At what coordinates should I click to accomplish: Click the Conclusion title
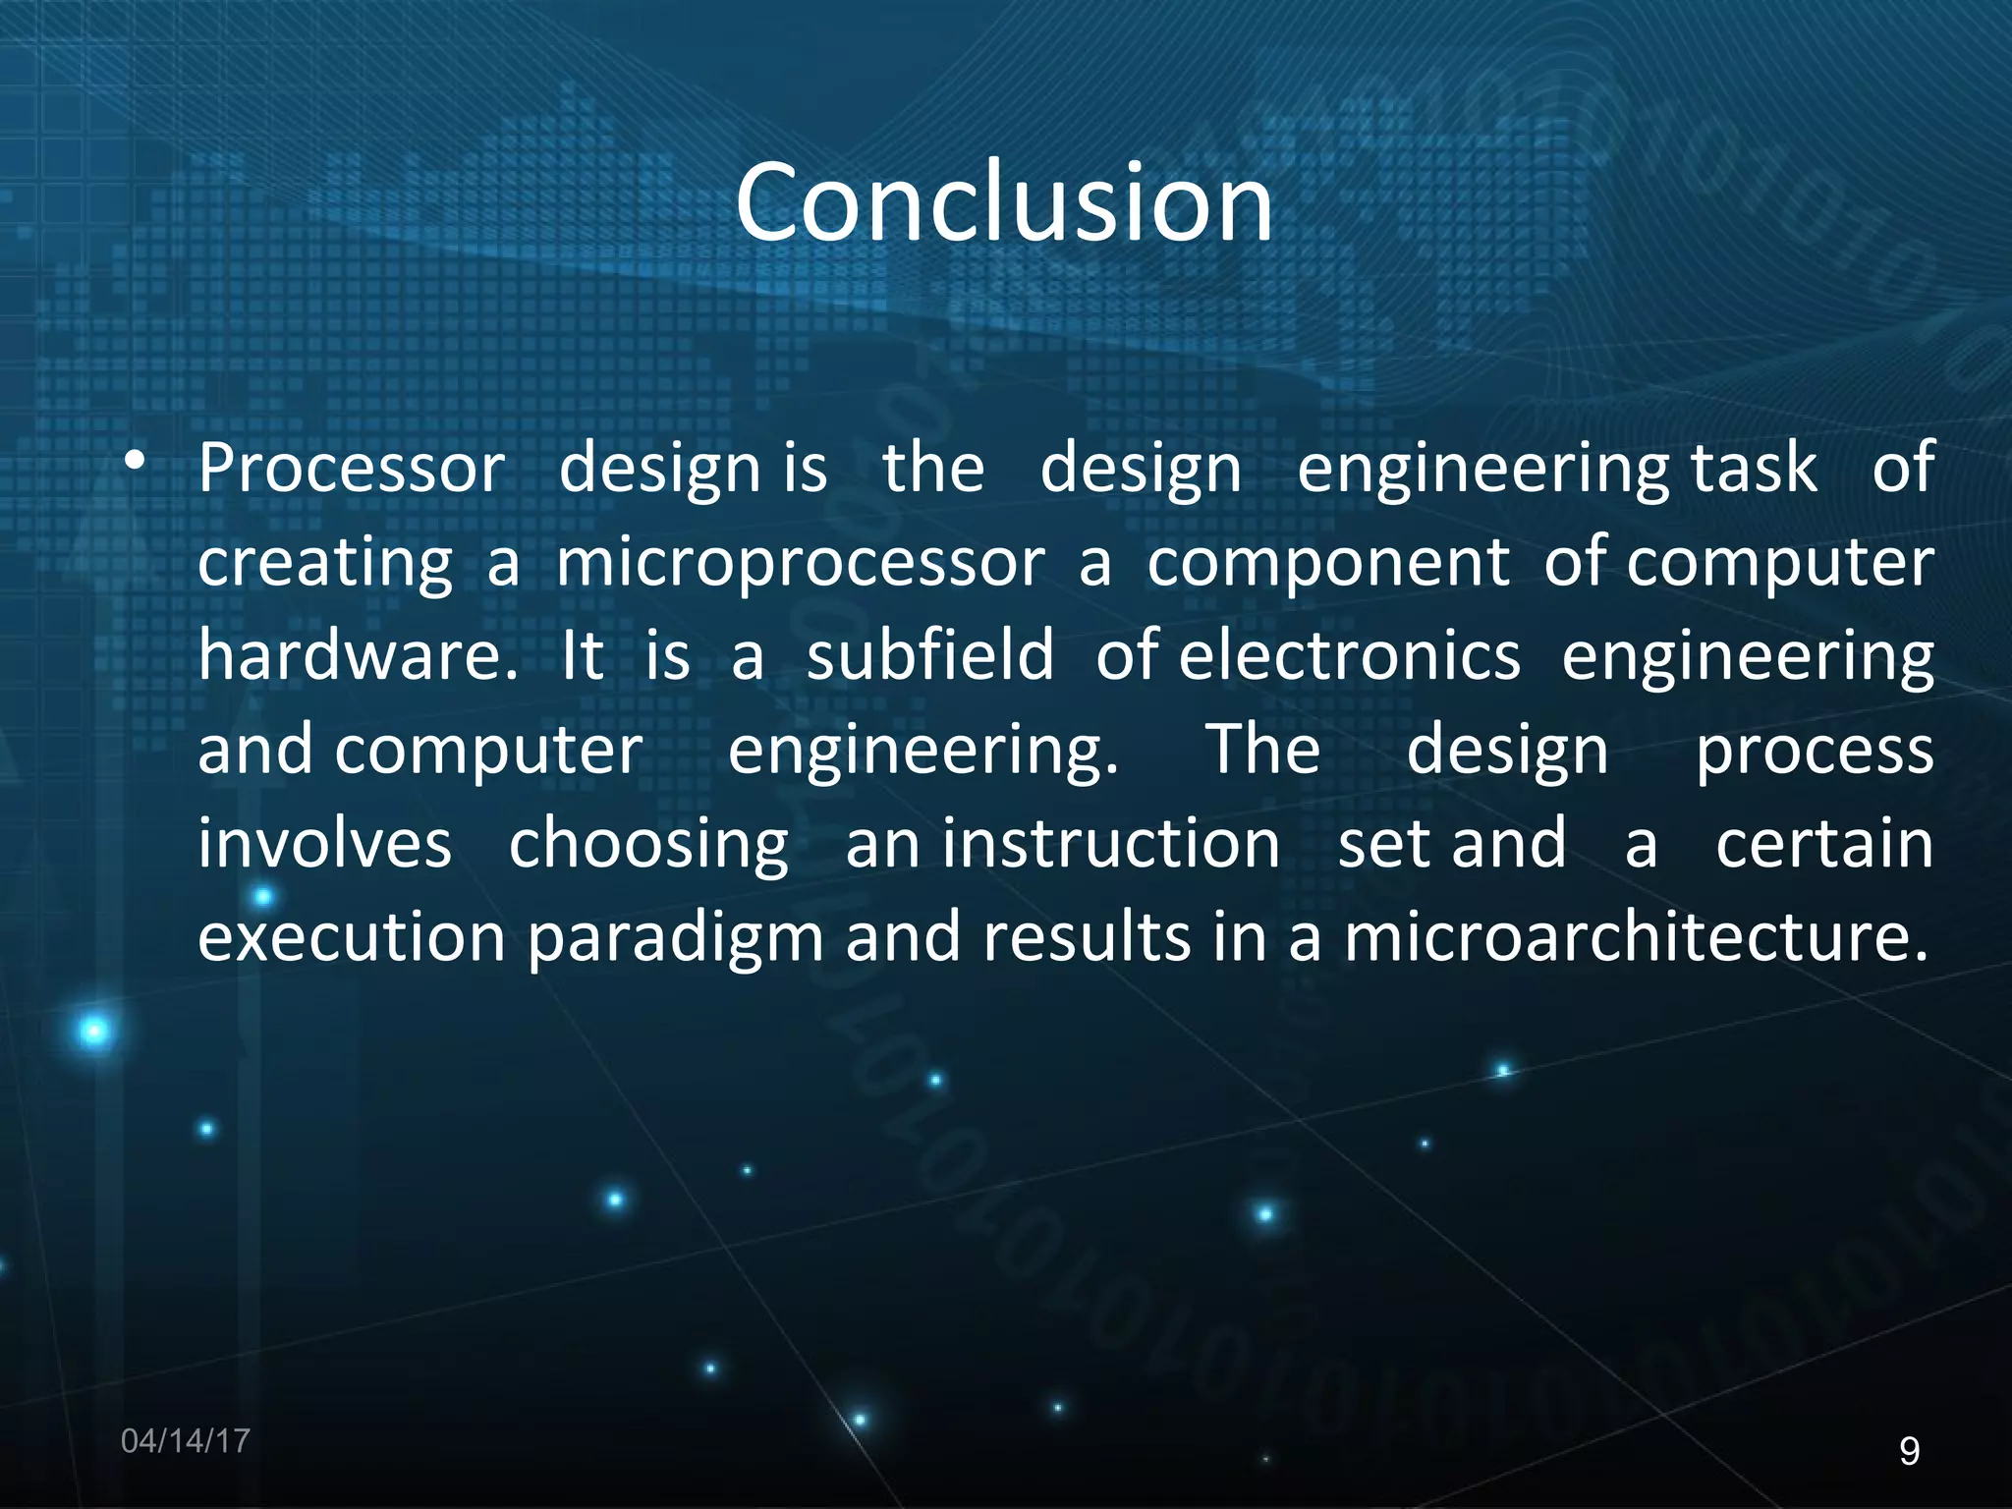pos(1004,203)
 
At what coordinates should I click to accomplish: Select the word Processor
pos(352,469)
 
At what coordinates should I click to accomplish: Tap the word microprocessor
pos(801,563)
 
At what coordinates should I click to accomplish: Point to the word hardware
pos(357,656)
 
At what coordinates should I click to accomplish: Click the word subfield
pos(929,656)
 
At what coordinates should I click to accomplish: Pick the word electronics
pos(1349,656)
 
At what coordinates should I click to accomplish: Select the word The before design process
pos(1262,750)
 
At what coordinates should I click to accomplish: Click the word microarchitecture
pos(1635,937)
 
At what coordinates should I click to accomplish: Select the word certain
pos(1824,844)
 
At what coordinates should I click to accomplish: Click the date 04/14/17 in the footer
pos(186,1441)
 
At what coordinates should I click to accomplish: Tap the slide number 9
pos(1909,1451)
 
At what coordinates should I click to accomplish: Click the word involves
pos(324,844)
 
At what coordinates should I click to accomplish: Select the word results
pos(1086,937)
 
